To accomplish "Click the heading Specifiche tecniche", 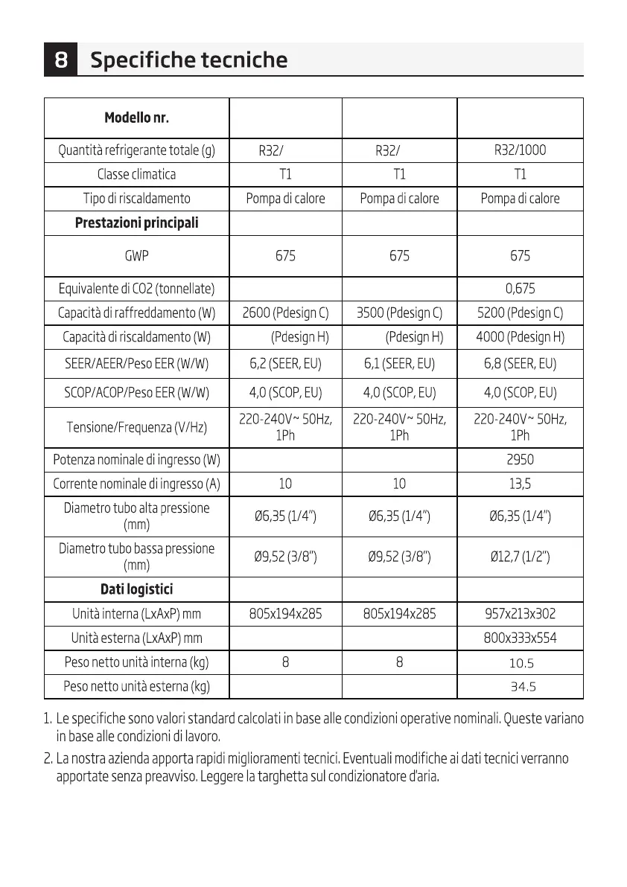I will point(188,60).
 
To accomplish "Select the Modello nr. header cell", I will point(137,118).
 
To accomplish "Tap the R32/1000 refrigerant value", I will point(520,150).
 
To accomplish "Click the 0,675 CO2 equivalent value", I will point(520,288).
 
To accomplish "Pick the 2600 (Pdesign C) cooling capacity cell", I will point(285,313).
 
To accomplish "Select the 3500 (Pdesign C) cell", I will point(399,313).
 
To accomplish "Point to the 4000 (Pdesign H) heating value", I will point(520,337).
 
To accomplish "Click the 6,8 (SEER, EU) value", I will point(520,365).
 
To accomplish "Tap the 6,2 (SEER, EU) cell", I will point(285,365).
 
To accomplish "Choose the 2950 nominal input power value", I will point(520,460).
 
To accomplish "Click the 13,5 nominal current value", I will point(520,484).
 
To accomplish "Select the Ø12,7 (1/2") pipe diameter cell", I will point(520,556).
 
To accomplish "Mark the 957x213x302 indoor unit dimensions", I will point(520,614).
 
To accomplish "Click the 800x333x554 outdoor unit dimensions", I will point(520,638).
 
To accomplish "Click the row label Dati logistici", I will point(137,589).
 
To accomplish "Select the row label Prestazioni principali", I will point(137,223).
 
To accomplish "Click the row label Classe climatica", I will point(137,174).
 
